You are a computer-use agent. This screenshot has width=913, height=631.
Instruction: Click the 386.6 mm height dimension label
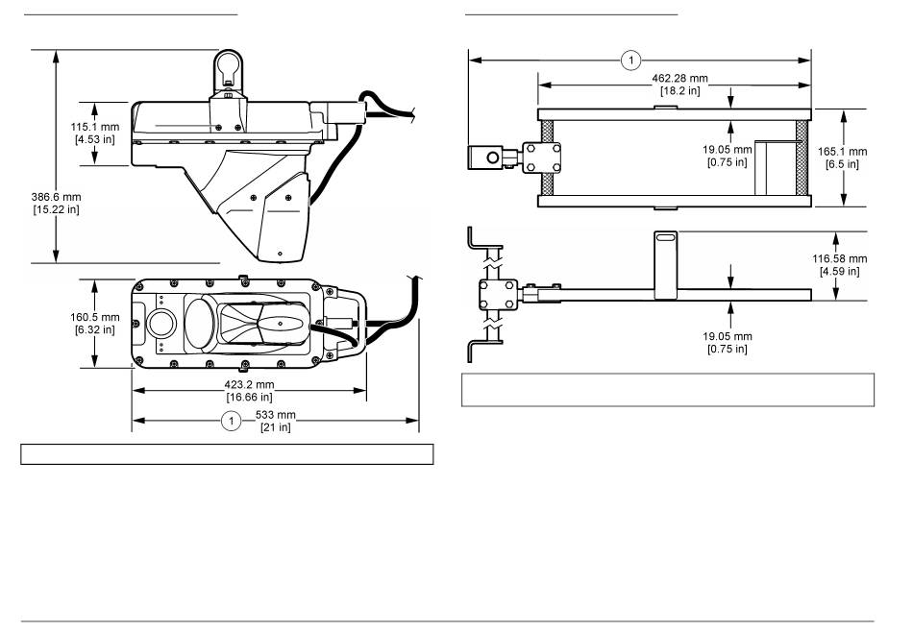(56, 204)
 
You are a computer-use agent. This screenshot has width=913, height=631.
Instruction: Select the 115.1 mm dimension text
(95, 133)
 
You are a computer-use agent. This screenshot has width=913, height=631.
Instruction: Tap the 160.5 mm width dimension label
(95, 323)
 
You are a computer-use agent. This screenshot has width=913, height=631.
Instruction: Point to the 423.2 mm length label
(249, 391)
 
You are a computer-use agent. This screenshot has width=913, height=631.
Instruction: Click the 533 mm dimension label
(276, 421)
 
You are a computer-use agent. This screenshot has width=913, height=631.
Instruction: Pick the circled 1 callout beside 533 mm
(232, 421)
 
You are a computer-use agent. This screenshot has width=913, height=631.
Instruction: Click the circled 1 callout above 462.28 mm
(631, 60)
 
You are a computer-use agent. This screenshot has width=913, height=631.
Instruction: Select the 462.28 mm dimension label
(680, 84)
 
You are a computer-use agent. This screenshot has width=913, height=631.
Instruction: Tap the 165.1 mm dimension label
(842, 158)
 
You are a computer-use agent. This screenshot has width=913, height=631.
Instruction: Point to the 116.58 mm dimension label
(840, 264)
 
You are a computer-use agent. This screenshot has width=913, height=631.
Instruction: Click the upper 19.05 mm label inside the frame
(728, 156)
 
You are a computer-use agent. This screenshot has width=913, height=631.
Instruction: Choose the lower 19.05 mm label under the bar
(728, 342)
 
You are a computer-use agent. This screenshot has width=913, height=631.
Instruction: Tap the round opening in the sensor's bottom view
(160, 323)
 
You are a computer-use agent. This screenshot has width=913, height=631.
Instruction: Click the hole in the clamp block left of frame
(493, 158)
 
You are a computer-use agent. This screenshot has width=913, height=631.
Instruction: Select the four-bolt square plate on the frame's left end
(541, 158)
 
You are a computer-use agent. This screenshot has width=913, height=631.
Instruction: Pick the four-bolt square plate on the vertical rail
(498, 295)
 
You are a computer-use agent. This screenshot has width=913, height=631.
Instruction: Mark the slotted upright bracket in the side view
(666, 265)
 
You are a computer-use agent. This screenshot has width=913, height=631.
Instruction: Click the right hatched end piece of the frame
(802, 158)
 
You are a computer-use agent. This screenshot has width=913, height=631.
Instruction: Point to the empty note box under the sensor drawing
(227, 454)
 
